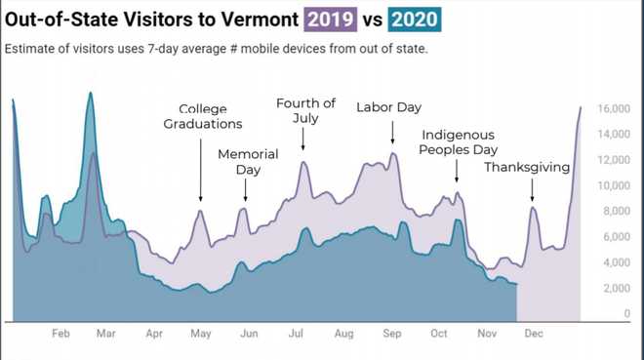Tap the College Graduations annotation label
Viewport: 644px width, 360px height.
tap(203, 116)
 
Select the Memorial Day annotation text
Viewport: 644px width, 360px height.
tap(248, 162)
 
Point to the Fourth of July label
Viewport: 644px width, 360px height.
tap(305, 110)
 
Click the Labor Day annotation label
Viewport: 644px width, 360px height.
tap(388, 107)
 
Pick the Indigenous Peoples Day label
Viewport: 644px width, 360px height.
tap(458, 141)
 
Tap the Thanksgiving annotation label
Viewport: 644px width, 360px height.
tap(527, 168)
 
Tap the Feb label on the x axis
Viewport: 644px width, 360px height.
tap(60, 334)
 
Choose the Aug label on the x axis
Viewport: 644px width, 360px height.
tap(343, 334)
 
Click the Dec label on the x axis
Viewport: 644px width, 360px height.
tap(533, 334)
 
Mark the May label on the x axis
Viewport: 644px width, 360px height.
tap(201, 334)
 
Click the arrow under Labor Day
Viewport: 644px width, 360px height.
tap(392, 133)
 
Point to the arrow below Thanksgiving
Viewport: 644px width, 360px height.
tap(533, 190)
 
